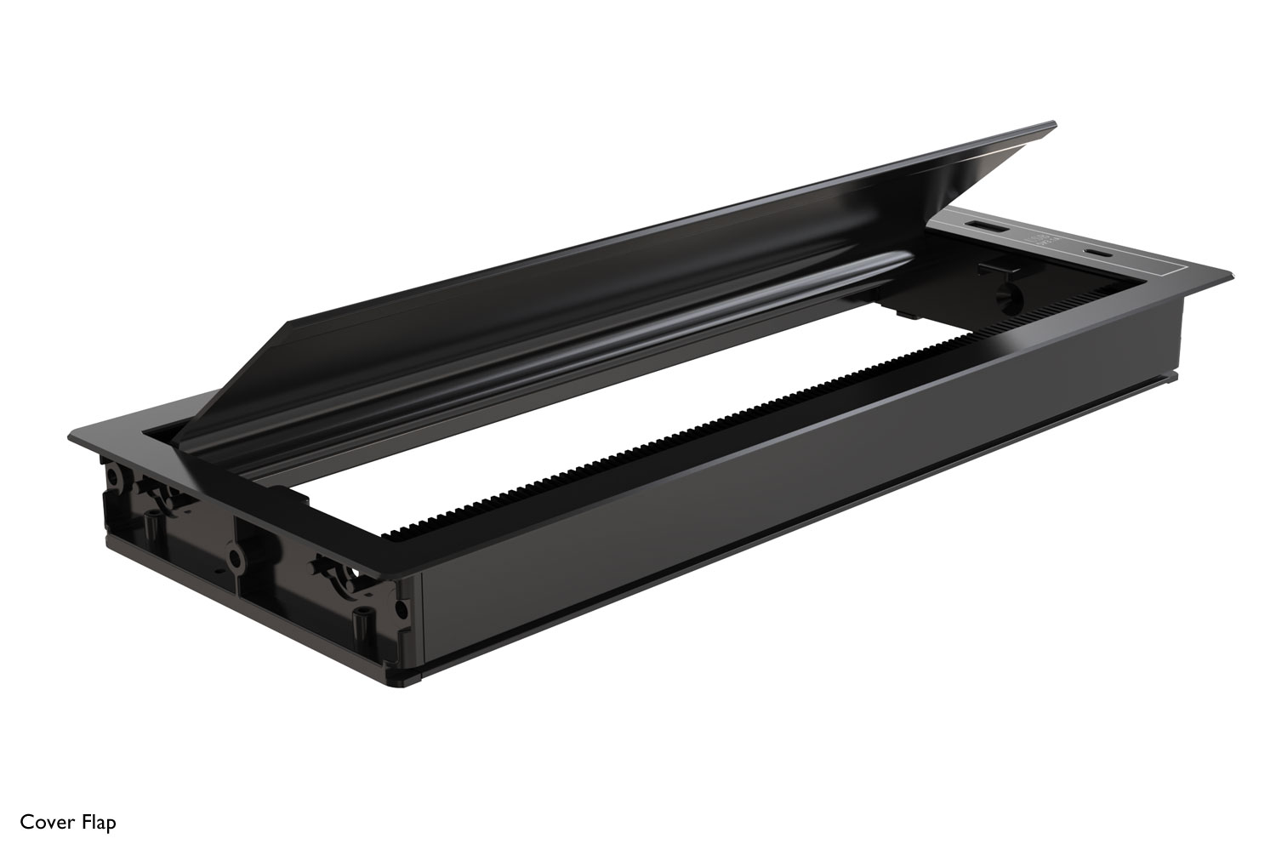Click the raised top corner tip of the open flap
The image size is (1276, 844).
point(1054,123)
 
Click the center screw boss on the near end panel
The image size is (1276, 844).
point(234,557)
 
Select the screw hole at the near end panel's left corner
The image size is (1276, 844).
point(113,476)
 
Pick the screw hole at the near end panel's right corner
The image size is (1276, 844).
point(402,609)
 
